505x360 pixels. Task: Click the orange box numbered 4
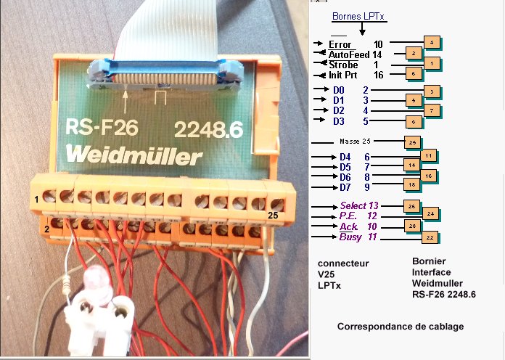click(x=432, y=43)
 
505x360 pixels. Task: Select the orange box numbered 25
click(x=411, y=142)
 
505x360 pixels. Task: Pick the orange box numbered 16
click(x=428, y=176)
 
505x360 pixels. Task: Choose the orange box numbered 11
click(x=429, y=155)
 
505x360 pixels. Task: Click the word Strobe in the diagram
click(x=343, y=65)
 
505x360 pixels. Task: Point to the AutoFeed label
click(x=348, y=54)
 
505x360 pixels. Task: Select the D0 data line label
click(x=339, y=89)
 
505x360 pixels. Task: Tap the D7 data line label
click(x=345, y=187)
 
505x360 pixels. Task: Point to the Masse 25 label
click(x=355, y=141)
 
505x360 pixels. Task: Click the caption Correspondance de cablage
click(x=400, y=327)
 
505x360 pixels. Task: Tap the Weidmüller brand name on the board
click(x=134, y=157)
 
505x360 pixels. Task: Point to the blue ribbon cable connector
click(x=155, y=73)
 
